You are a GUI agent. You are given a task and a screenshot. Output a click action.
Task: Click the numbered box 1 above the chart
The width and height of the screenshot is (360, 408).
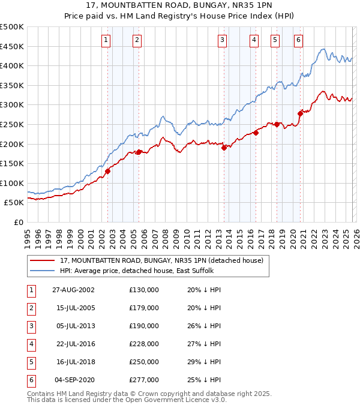point(106,40)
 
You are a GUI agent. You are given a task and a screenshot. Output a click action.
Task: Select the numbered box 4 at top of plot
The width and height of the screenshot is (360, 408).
point(254,40)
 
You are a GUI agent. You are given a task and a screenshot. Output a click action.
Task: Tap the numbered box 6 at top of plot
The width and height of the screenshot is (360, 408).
point(298,40)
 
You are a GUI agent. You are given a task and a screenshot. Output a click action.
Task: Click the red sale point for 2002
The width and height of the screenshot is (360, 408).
point(108,171)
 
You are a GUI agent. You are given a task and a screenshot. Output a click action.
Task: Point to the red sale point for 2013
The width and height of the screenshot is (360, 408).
point(224,148)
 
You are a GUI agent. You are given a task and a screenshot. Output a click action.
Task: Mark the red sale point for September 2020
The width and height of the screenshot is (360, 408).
point(300,113)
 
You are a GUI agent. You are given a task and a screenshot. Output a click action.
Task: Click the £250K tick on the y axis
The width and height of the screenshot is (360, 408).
point(12,124)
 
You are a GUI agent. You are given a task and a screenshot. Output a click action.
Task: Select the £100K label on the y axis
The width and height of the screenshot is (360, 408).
point(12,183)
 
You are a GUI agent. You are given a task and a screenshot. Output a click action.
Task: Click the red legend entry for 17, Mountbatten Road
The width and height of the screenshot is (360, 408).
point(161,260)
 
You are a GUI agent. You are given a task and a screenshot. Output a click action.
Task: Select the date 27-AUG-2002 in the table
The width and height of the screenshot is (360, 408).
point(73,290)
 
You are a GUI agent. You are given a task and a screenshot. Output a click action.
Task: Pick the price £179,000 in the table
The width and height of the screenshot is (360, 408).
point(143,308)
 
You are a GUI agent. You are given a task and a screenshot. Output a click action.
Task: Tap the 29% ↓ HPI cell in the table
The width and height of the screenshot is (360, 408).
point(204,362)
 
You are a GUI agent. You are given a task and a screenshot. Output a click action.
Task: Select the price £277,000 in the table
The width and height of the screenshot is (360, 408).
point(143,380)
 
